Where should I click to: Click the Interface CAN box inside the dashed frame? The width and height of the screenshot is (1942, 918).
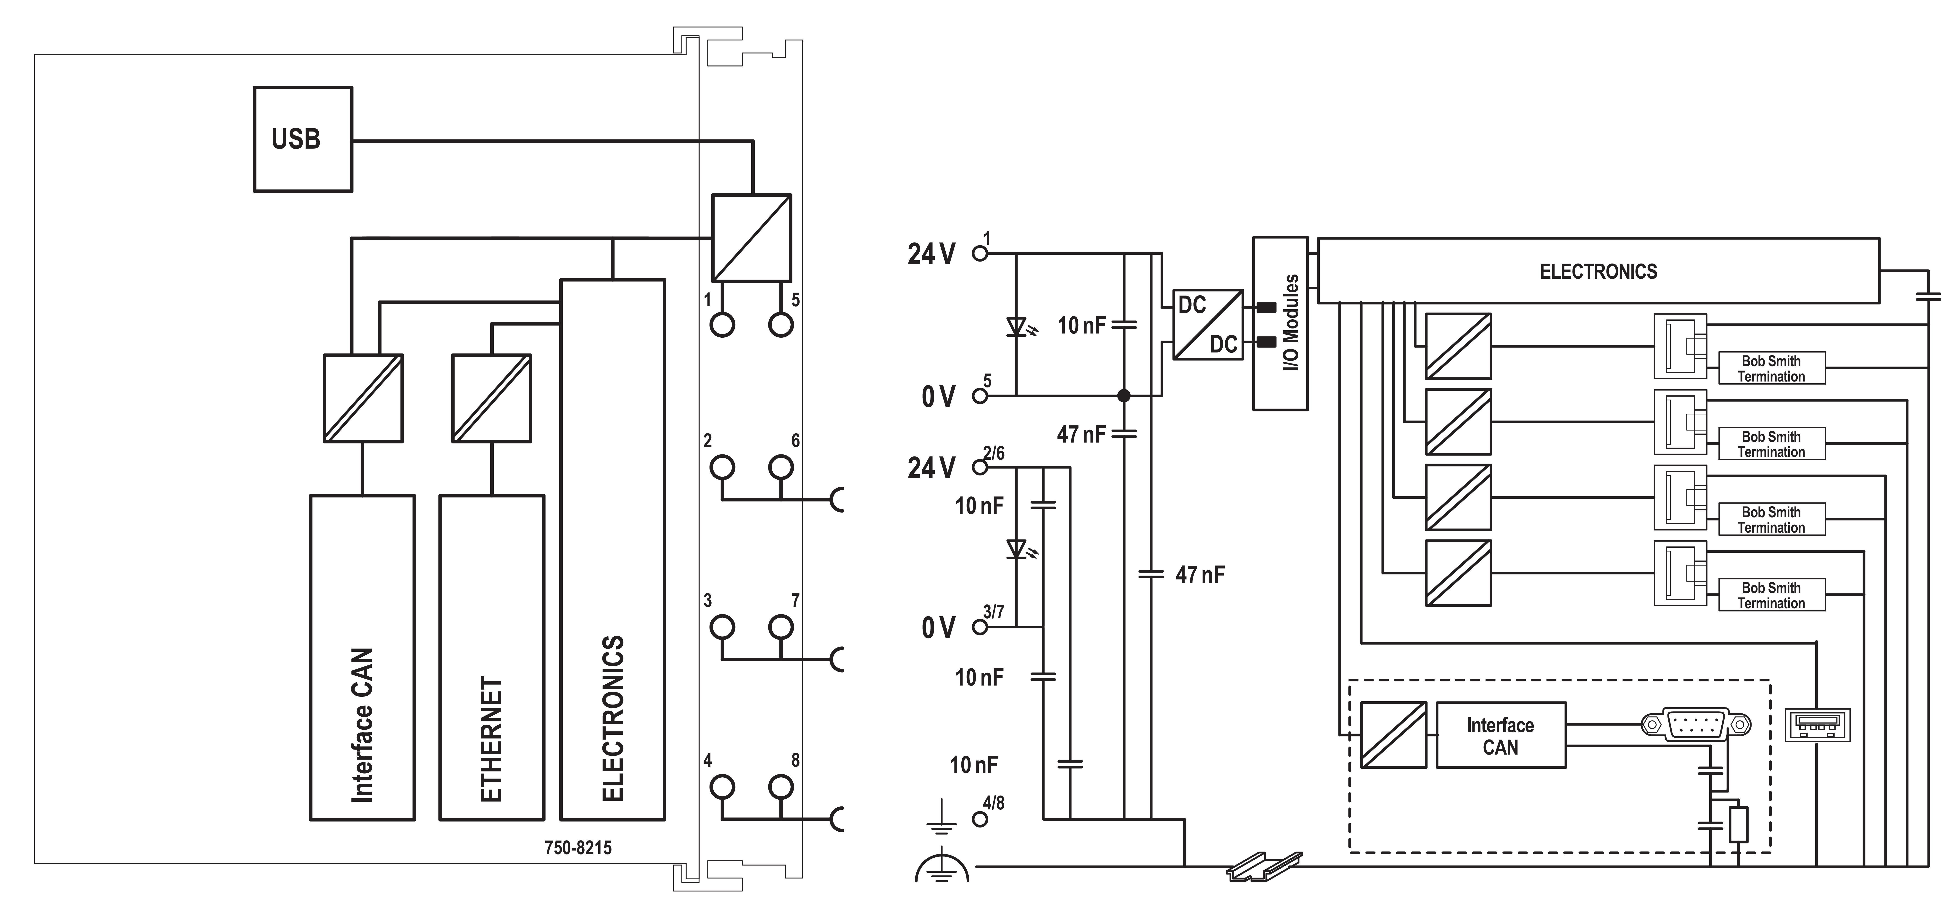tap(1500, 735)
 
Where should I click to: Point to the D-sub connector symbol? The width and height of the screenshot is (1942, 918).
tap(1695, 725)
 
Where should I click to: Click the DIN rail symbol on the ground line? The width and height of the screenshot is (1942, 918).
tap(1264, 866)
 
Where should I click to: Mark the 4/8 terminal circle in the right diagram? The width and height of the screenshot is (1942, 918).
tap(980, 819)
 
